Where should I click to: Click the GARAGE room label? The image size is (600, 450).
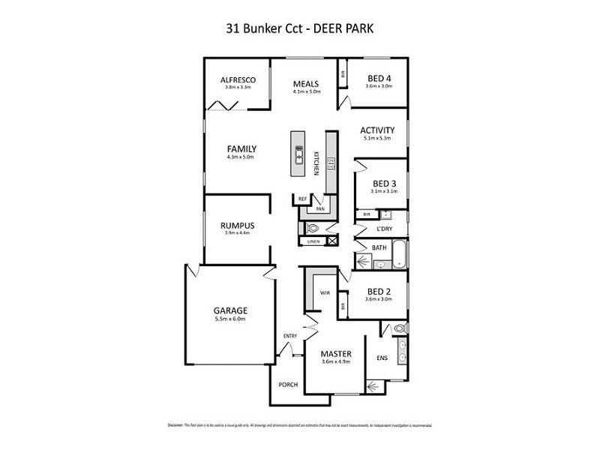[x=230, y=310]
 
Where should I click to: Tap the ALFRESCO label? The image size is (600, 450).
[x=239, y=79]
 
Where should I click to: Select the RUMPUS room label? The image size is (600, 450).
[x=238, y=225]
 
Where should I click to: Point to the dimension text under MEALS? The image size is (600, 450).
[x=307, y=92]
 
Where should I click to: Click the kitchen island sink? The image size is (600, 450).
[x=298, y=153]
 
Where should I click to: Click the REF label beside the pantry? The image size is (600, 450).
[x=303, y=199]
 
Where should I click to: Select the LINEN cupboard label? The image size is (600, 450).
[x=313, y=241]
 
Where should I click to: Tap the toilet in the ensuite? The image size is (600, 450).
[x=397, y=328]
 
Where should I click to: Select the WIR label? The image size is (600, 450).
[x=325, y=292]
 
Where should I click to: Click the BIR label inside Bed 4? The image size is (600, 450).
[x=343, y=75]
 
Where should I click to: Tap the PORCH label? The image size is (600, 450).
[x=288, y=385]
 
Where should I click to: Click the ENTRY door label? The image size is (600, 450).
[x=290, y=335]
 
